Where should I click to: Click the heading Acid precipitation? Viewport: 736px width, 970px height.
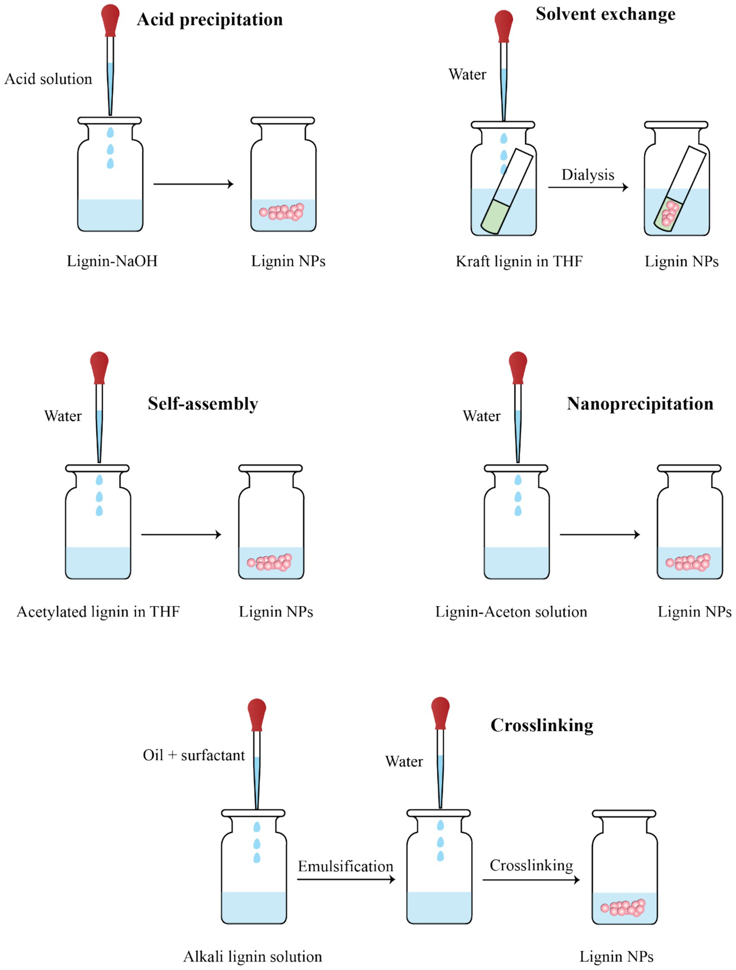pyautogui.click(x=209, y=20)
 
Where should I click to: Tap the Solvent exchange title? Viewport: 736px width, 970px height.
pyautogui.click(x=605, y=14)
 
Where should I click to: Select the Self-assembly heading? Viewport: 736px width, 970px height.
pyautogui.click(x=202, y=403)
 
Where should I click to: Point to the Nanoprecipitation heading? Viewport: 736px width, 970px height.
pyautogui.click(x=640, y=403)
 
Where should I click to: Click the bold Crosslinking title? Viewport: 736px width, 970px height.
pyautogui.click(x=542, y=725)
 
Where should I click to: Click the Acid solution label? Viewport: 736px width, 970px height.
pyautogui.click(x=48, y=79)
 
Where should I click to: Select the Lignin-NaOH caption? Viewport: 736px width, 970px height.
pyautogui.click(x=112, y=261)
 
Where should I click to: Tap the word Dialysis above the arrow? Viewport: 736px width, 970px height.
pyautogui.click(x=588, y=175)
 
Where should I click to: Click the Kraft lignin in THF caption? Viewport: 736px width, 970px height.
pyautogui.click(x=519, y=262)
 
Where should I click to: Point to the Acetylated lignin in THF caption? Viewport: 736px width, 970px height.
pyautogui.click(x=98, y=612)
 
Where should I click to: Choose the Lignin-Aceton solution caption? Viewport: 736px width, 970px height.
pyautogui.click(x=511, y=612)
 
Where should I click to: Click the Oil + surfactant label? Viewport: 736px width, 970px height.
pyautogui.click(x=194, y=755)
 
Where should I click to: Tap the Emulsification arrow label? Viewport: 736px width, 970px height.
pyautogui.click(x=345, y=866)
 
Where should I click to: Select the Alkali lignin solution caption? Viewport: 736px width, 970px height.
pyautogui.click(x=252, y=956)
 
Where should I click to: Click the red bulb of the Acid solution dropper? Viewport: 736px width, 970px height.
pyautogui.click(x=110, y=18)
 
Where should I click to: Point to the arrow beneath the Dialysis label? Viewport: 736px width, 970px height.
pyautogui.click(x=588, y=187)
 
